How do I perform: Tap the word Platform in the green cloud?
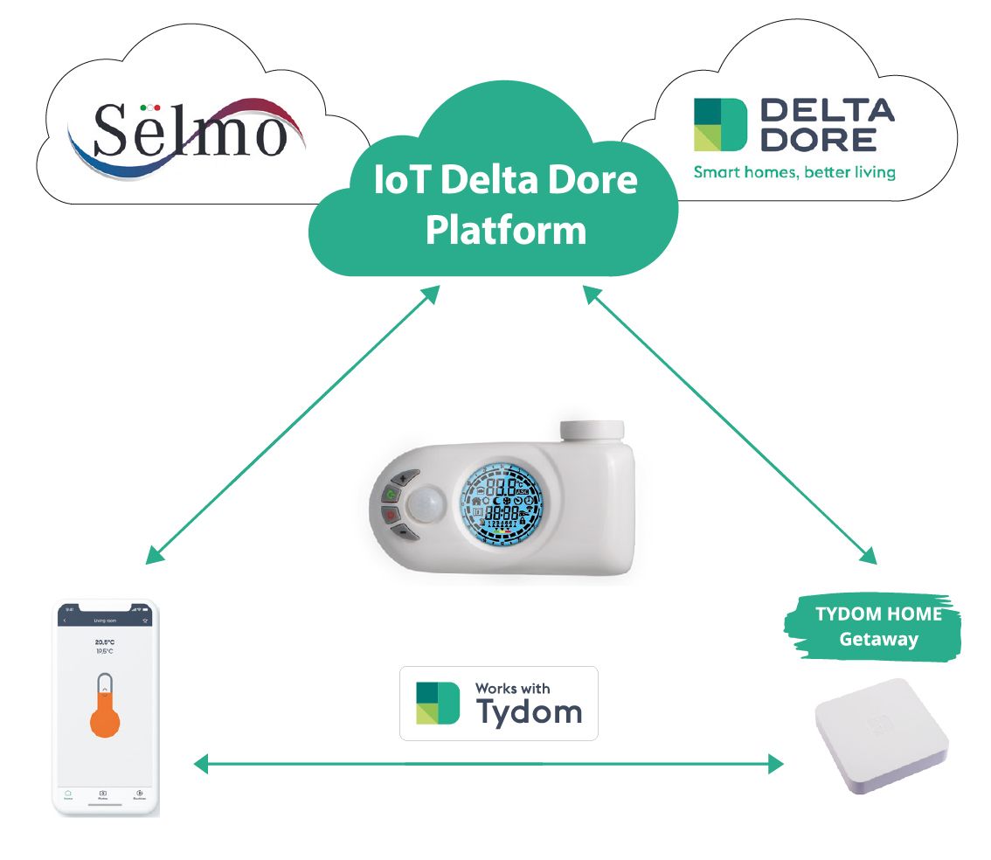tap(506, 230)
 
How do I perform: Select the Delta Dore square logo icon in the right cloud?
tap(721, 124)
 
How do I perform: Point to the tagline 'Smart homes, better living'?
tap(793, 172)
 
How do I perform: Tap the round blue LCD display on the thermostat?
tap(507, 504)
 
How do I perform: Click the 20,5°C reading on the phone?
tap(105, 642)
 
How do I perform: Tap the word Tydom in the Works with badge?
tap(529, 711)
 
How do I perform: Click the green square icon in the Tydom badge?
tap(437, 703)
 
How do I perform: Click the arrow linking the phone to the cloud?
tap(293, 426)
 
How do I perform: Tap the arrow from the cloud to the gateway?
tap(730, 426)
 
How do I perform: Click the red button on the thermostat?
tap(390, 517)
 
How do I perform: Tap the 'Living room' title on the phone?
tap(105, 621)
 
